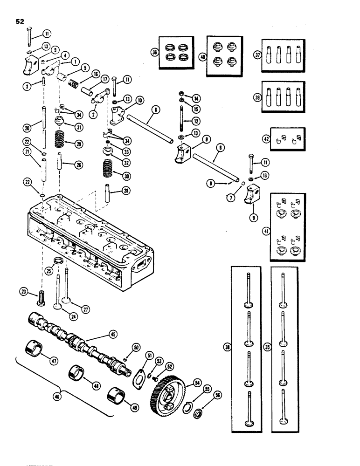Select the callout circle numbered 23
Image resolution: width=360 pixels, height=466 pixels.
(23, 292)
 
